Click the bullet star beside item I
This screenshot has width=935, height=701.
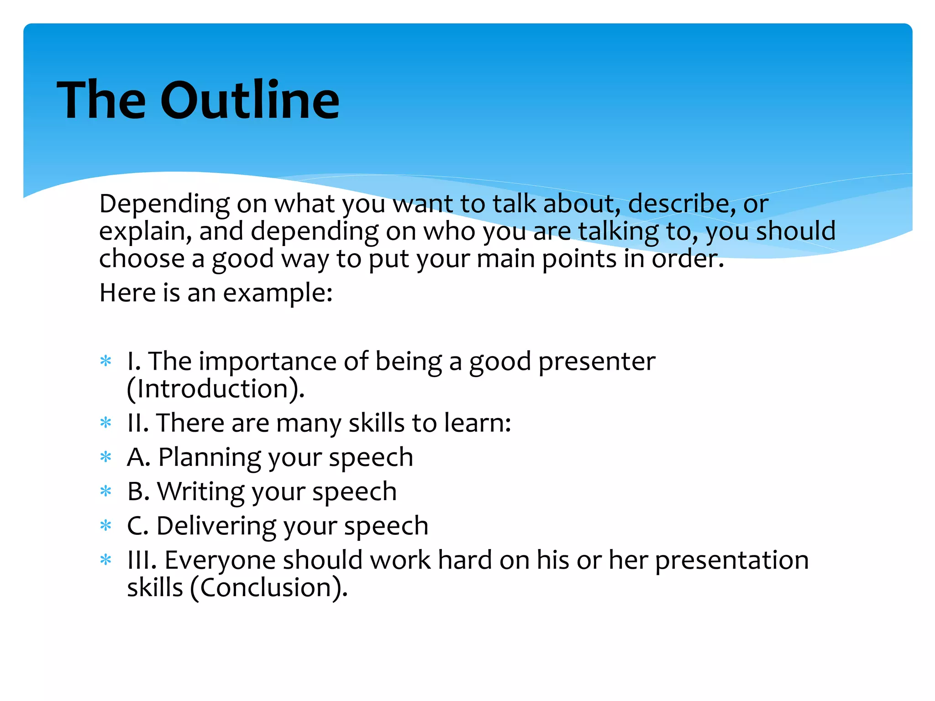point(106,361)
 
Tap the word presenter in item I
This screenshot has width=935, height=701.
point(596,361)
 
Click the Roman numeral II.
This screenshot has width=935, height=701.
point(137,423)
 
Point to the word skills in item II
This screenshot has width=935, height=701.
point(376,423)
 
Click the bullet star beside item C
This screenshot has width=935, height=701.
point(106,526)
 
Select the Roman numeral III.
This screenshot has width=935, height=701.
point(141,560)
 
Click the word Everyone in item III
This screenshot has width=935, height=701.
point(220,560)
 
